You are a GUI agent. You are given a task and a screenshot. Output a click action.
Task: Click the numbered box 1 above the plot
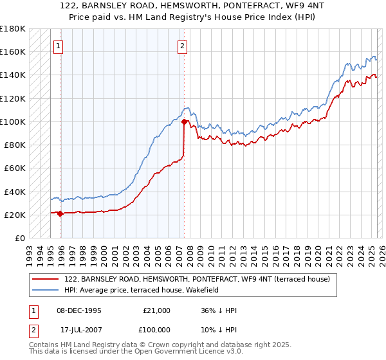59,46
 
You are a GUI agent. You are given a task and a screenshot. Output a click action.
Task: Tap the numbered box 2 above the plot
183,46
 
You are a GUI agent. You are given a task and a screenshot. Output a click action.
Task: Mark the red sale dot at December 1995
60,213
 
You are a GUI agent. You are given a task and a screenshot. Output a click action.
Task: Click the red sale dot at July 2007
184,122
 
